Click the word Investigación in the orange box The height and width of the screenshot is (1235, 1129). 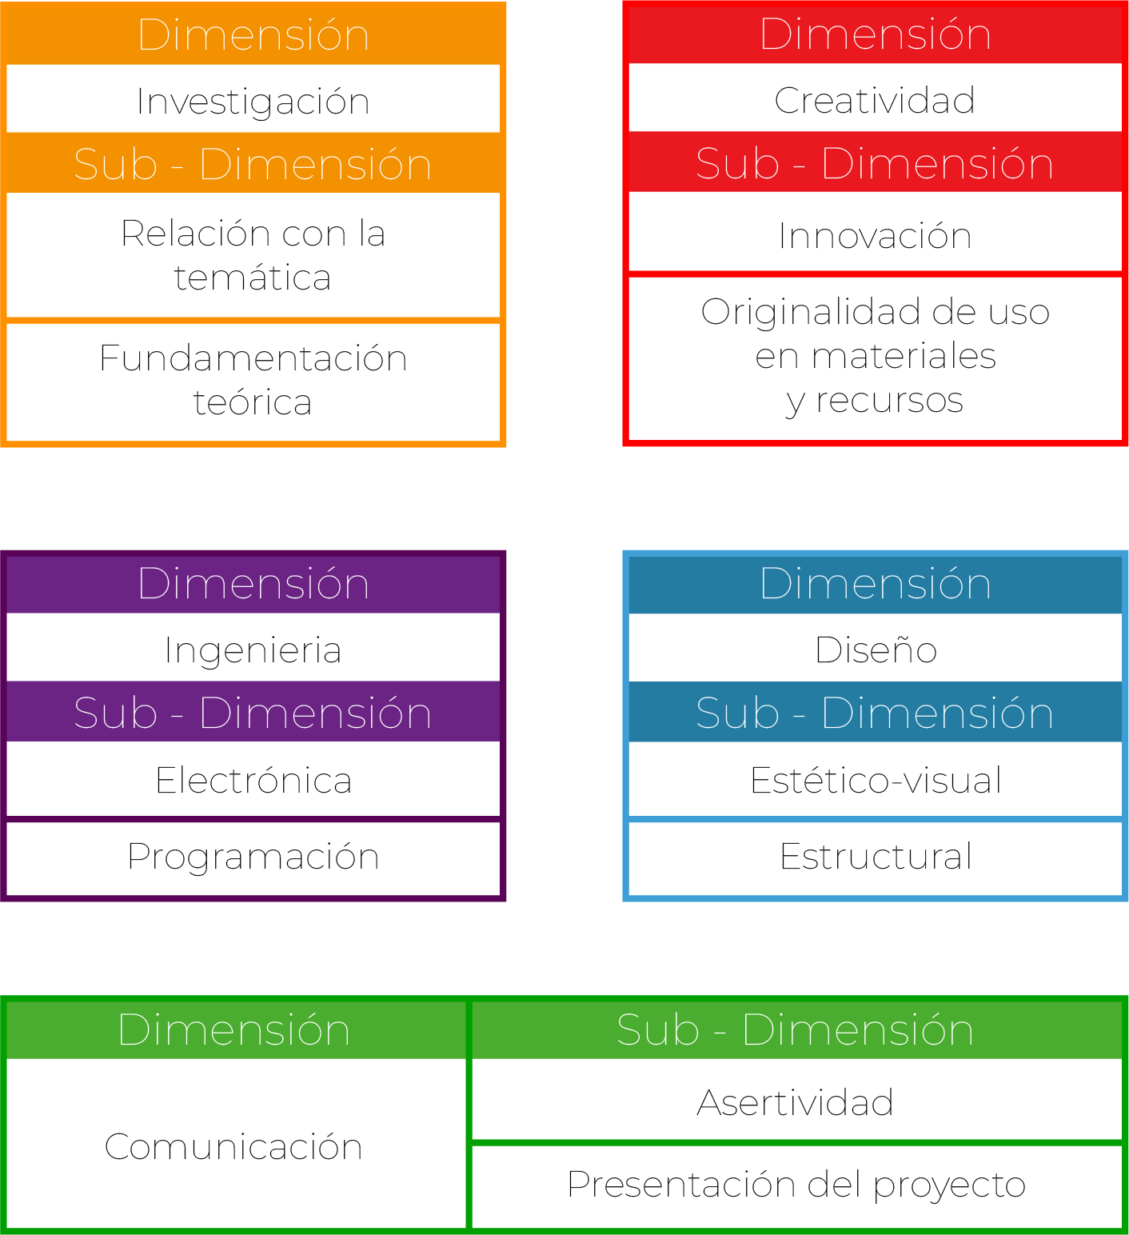pyautogui.click(x=253, y=102)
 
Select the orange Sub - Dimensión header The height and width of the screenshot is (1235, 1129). pyautogui.click(x=253, y=164)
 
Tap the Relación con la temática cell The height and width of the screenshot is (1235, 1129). pyautogui.click(x=253, y=255)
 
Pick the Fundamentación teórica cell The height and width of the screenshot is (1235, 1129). pyautogui.click(x=253, y=380)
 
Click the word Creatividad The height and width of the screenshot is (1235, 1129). pyautogui.click(x=875, y=100)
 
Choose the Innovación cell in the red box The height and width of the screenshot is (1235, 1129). pyautogui.click(x=875, y=235)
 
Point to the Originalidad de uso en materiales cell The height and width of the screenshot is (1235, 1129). pyautogui.click(x=875, y=356)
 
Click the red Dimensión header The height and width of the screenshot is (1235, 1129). pyautogui.click(x=875, y=34)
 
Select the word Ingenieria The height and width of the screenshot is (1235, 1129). pyautogui.click(x=253, y=649)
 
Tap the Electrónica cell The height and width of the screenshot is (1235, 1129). pyautogui.click(x=253, y=780)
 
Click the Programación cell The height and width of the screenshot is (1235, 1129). pyautogui.click(x=253, y=857)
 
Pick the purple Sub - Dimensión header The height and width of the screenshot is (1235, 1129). pyautogui.click(x=253, y=713)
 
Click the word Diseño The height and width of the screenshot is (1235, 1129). pyautogui.click(x=876, y=649)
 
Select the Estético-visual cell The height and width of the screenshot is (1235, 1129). pyautogui.click(x=876, y=780)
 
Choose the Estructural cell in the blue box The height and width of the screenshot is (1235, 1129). pyautogui.click(x=876, y=857)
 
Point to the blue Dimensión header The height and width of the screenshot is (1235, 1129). pyautogui.click(x=876, y=583)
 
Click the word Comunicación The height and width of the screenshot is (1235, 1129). pyautogui.click(x=233, y=1146)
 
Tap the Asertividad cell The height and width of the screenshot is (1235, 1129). pyautogui.click(x=796, y=1102)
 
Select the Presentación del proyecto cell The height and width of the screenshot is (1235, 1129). pyautogui.click(x=796, y=1185)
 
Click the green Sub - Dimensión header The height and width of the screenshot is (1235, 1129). pyautogui.click(x=796, y=1029)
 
